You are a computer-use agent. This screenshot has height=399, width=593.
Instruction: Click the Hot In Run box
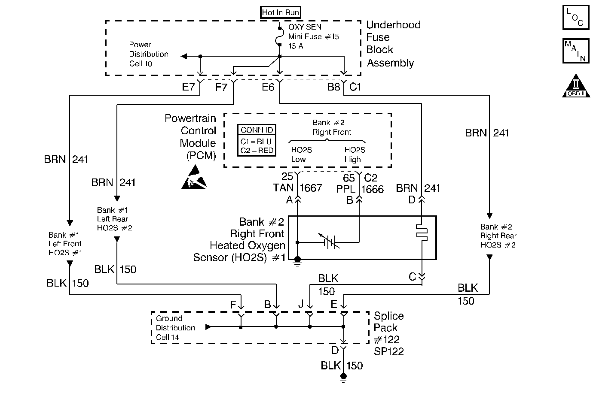point(280,12)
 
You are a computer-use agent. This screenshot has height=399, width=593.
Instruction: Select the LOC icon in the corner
point(575,17)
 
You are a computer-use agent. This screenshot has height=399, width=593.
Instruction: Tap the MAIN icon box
point(575,51)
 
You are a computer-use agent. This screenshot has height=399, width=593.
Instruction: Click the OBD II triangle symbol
point(575,86)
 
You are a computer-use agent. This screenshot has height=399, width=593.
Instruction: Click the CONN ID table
point(257,140)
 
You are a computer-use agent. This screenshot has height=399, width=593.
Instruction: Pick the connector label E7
point(188,88)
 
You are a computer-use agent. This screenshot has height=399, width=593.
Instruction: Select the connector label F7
point(221,88)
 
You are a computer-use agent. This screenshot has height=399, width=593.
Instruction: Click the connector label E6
point(268,88)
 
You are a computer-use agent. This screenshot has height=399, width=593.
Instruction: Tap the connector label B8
point(333,88)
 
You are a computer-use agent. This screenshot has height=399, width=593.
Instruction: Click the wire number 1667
point(311,188)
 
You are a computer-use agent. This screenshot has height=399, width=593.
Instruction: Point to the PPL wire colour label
point(346,189)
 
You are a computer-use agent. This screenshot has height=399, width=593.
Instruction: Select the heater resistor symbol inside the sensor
point(422,232)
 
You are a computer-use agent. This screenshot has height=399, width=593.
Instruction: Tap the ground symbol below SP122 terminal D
point(343,377)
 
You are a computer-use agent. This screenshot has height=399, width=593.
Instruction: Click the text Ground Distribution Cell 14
point(175,328)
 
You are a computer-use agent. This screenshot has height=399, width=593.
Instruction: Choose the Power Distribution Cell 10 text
point(148,54)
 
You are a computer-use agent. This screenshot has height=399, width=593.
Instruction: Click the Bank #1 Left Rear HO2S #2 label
point(114,219)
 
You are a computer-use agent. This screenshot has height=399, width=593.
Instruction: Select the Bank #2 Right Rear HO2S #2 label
point(498,236)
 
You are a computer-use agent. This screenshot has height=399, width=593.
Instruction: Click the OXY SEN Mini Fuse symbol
point(280,37)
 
